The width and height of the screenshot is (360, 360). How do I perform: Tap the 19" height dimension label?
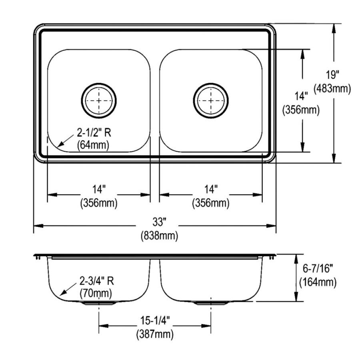pos(332,75)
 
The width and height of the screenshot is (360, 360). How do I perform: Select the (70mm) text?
pos(96,294)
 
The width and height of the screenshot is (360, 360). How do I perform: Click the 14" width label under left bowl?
pos(98,188)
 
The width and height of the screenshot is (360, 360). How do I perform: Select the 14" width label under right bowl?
pos(210,188)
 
